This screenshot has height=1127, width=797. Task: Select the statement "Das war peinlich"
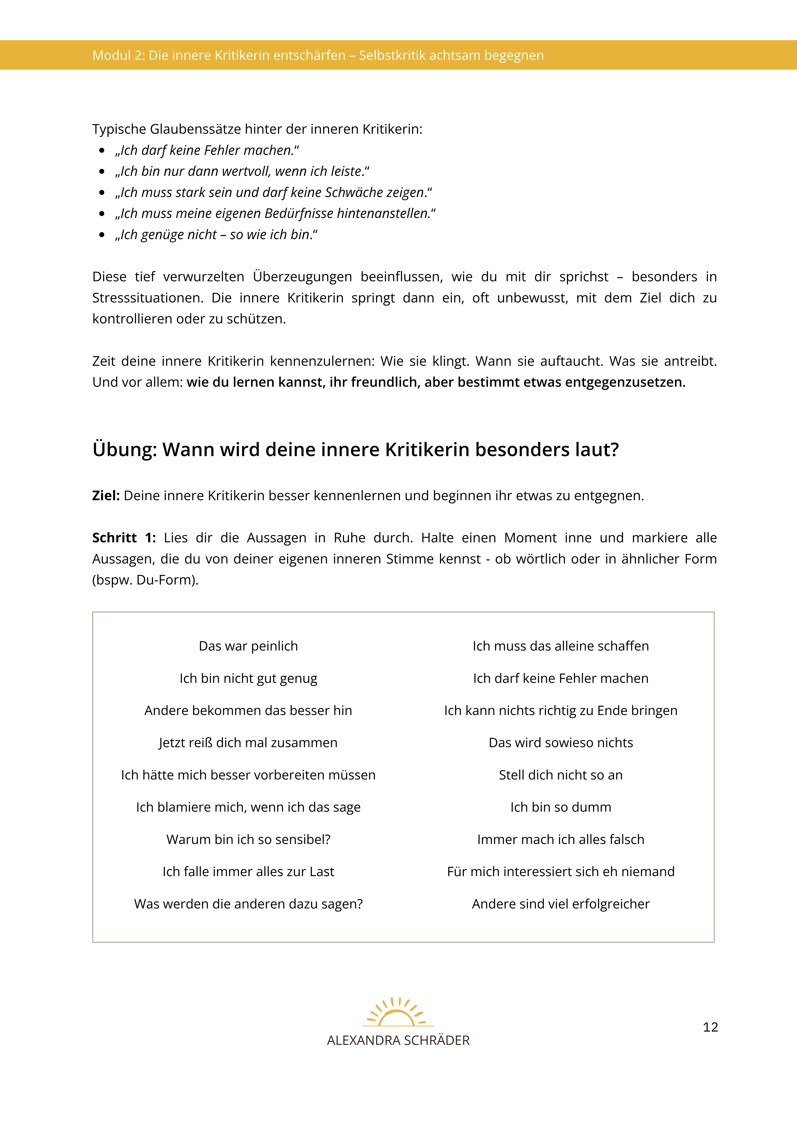[248, 646]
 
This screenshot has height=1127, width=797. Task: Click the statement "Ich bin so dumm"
[560, 807]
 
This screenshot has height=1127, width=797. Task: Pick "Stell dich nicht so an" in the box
[560, 775]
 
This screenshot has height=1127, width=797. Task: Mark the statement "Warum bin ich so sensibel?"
[248, 839]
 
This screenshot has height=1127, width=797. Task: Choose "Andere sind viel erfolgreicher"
[560, 904]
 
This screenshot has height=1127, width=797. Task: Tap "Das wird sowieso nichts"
[560, 743]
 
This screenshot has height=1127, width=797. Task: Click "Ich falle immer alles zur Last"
[248, 872]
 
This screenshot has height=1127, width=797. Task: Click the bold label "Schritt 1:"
[124, 538]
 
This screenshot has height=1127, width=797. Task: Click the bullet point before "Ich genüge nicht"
[102, 235]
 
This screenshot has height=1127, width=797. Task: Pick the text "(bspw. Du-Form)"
[145, 580]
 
